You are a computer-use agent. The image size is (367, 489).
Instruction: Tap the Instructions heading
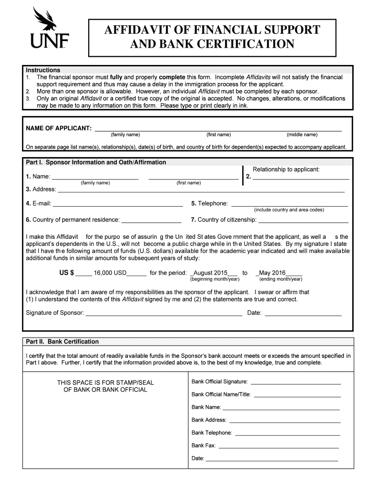[43, 70]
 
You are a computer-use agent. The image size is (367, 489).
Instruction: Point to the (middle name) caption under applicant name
[302, 135]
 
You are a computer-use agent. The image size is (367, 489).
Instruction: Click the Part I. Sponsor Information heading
[96, 162]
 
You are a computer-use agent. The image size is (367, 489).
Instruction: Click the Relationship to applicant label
[286, 170]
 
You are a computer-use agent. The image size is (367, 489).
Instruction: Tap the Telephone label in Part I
[209, 204]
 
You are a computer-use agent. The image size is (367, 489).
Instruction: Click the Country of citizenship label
[224, 220]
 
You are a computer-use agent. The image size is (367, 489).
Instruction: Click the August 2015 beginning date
[210, 273]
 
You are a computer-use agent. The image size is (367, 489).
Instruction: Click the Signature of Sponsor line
[163, 314]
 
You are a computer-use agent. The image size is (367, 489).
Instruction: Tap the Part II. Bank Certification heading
[62, 342]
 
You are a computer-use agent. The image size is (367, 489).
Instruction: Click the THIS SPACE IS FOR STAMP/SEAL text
[105, 383]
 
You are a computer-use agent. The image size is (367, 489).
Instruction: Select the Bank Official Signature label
[219, 382]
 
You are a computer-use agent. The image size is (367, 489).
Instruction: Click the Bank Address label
[209, 420]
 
